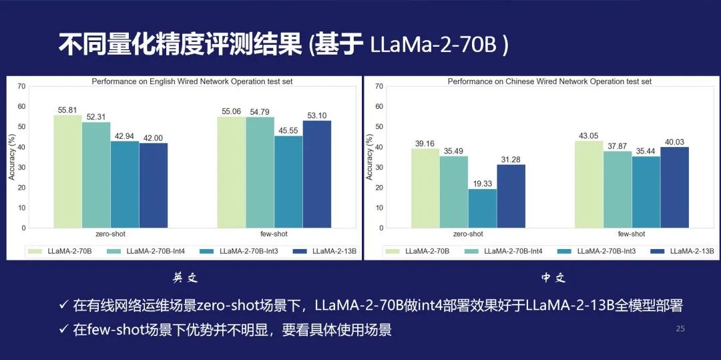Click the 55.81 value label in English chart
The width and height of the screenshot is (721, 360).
point(67,110)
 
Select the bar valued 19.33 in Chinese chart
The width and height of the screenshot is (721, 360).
point(482,208)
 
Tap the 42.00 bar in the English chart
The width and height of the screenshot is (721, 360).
point(154,185)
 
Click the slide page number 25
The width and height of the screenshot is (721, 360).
point(680,329)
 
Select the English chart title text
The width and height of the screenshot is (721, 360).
point(192,81)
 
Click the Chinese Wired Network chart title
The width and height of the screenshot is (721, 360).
point(549,81)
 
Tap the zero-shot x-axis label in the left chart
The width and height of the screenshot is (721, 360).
point(111,234)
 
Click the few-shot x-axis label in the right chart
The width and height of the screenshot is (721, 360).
point(632,234)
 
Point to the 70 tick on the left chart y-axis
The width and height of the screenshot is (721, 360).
point(22,86)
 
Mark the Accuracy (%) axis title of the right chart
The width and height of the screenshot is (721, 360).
point(369,157)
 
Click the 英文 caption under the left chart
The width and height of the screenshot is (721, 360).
point(185,278)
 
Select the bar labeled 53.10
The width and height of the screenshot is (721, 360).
point(316,174)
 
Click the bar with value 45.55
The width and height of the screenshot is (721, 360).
point(288,182)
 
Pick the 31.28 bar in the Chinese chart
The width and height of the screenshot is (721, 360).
point(511,196)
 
